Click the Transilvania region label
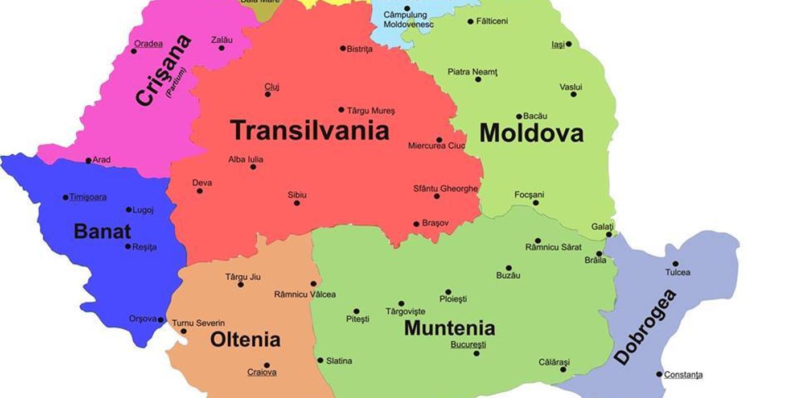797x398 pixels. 310,130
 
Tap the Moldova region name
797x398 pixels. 531,133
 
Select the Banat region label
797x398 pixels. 102,231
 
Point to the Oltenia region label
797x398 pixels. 245,339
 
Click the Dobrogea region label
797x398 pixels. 646,327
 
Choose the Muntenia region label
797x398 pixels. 449,328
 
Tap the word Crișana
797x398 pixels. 163,70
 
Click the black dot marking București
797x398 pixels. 476,354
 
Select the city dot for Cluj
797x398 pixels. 268,94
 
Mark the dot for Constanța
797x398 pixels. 659,374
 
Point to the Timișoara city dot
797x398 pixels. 65,197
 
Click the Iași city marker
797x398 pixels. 568,44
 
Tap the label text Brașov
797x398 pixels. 436,223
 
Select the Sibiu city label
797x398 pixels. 297,195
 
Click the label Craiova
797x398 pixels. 262,372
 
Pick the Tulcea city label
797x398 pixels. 677,272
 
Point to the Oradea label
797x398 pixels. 148,44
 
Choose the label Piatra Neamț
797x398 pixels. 473,72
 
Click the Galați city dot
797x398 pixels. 609,234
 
